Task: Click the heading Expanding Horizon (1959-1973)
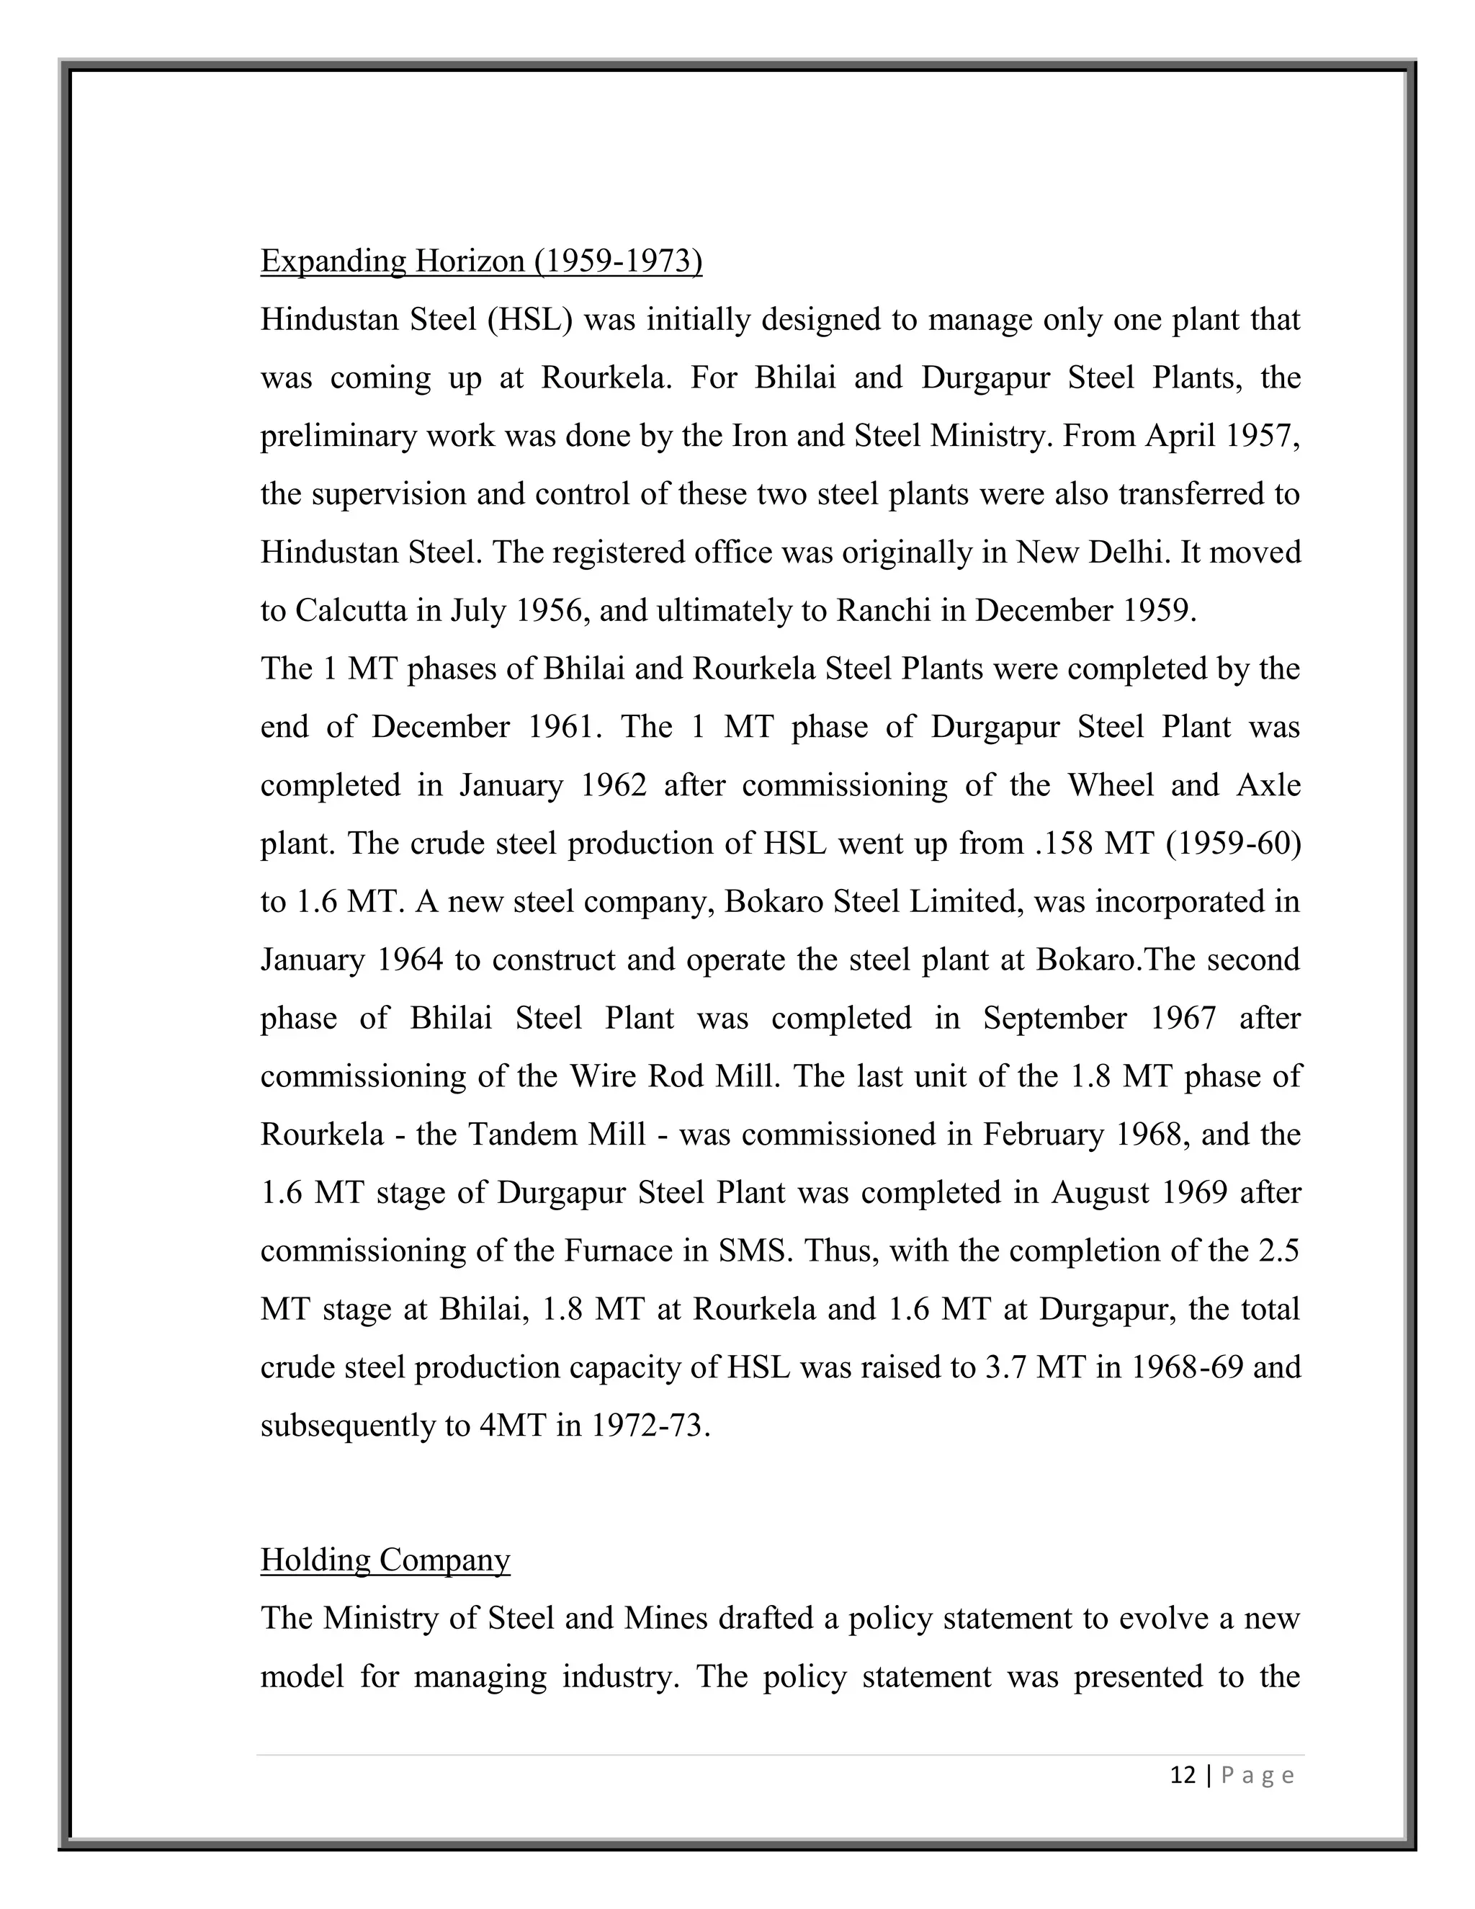point(480,261)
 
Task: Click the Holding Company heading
point(385,1560)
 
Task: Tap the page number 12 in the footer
point(1183,1775)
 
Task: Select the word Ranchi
point(884,610)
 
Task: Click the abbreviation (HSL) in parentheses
point(529,319)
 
